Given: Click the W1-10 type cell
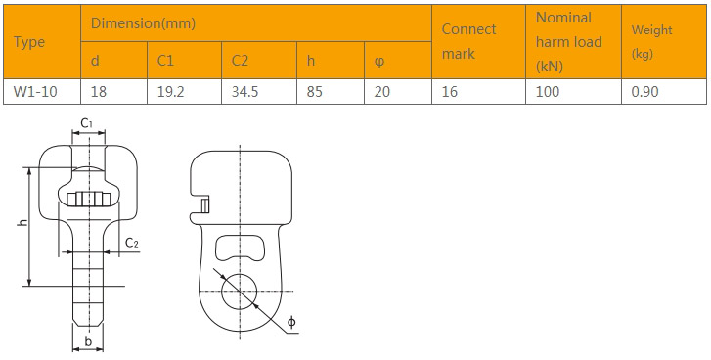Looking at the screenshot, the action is point(35,92).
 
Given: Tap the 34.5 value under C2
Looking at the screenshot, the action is point(244,92).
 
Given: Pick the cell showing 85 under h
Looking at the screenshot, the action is point(314,92).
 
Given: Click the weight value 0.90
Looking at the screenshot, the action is point(644,92).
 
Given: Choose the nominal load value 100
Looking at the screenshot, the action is point(548,92).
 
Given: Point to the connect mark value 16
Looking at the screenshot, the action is point(450,92).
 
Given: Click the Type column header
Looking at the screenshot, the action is point(29,42).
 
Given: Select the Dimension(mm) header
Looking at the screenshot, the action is point(143,23).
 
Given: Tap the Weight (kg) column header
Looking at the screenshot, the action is point(651,42).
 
